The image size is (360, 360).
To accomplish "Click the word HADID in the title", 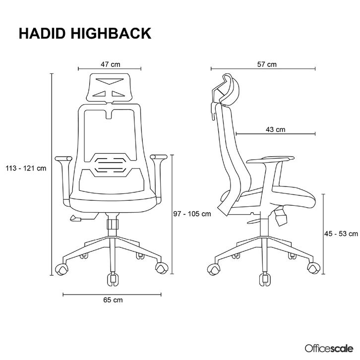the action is pos(40,33).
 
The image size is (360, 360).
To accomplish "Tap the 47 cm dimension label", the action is pos(110,64).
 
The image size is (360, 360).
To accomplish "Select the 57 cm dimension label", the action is pos(267,64).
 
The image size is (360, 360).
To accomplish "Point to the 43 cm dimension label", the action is pos(275,129).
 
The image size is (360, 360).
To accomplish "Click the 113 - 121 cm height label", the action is pos(26,168).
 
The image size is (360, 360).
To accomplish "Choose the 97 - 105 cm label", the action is pos(192,214).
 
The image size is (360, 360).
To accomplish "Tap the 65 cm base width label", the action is pos(114,300).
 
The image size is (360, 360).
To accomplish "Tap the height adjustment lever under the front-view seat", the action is pos(76,218).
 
